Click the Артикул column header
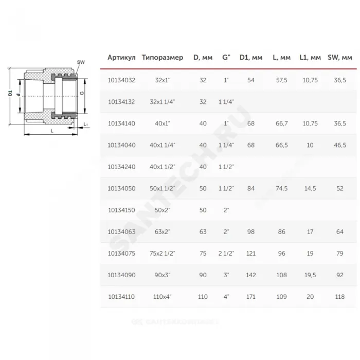[121, 58]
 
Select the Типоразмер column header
[163, 58]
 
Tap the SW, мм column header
[340, 58]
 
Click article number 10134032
[121, 80]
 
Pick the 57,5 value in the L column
[281, 80]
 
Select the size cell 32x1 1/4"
[163, 102]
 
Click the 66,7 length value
[281, 123]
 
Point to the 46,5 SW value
[340, 145]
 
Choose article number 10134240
[121, 167]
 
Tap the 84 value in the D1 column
[251, 189]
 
